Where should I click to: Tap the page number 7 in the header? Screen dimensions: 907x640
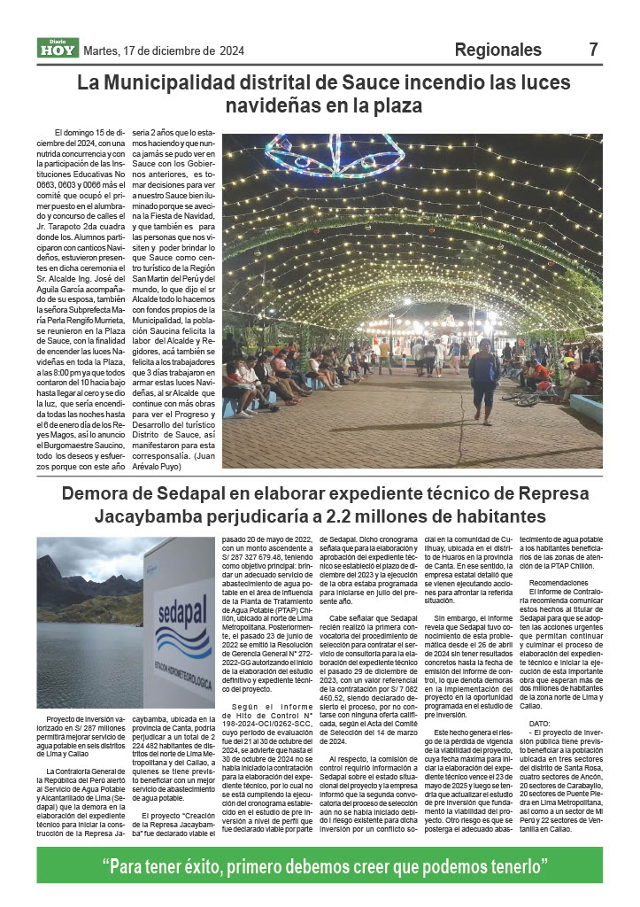tap(593, 50)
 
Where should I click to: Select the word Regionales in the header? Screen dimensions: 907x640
tap(497, 50)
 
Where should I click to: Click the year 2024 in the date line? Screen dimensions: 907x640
tap(232, 50)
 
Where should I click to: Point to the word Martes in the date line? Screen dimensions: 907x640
tap(102, 50)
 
